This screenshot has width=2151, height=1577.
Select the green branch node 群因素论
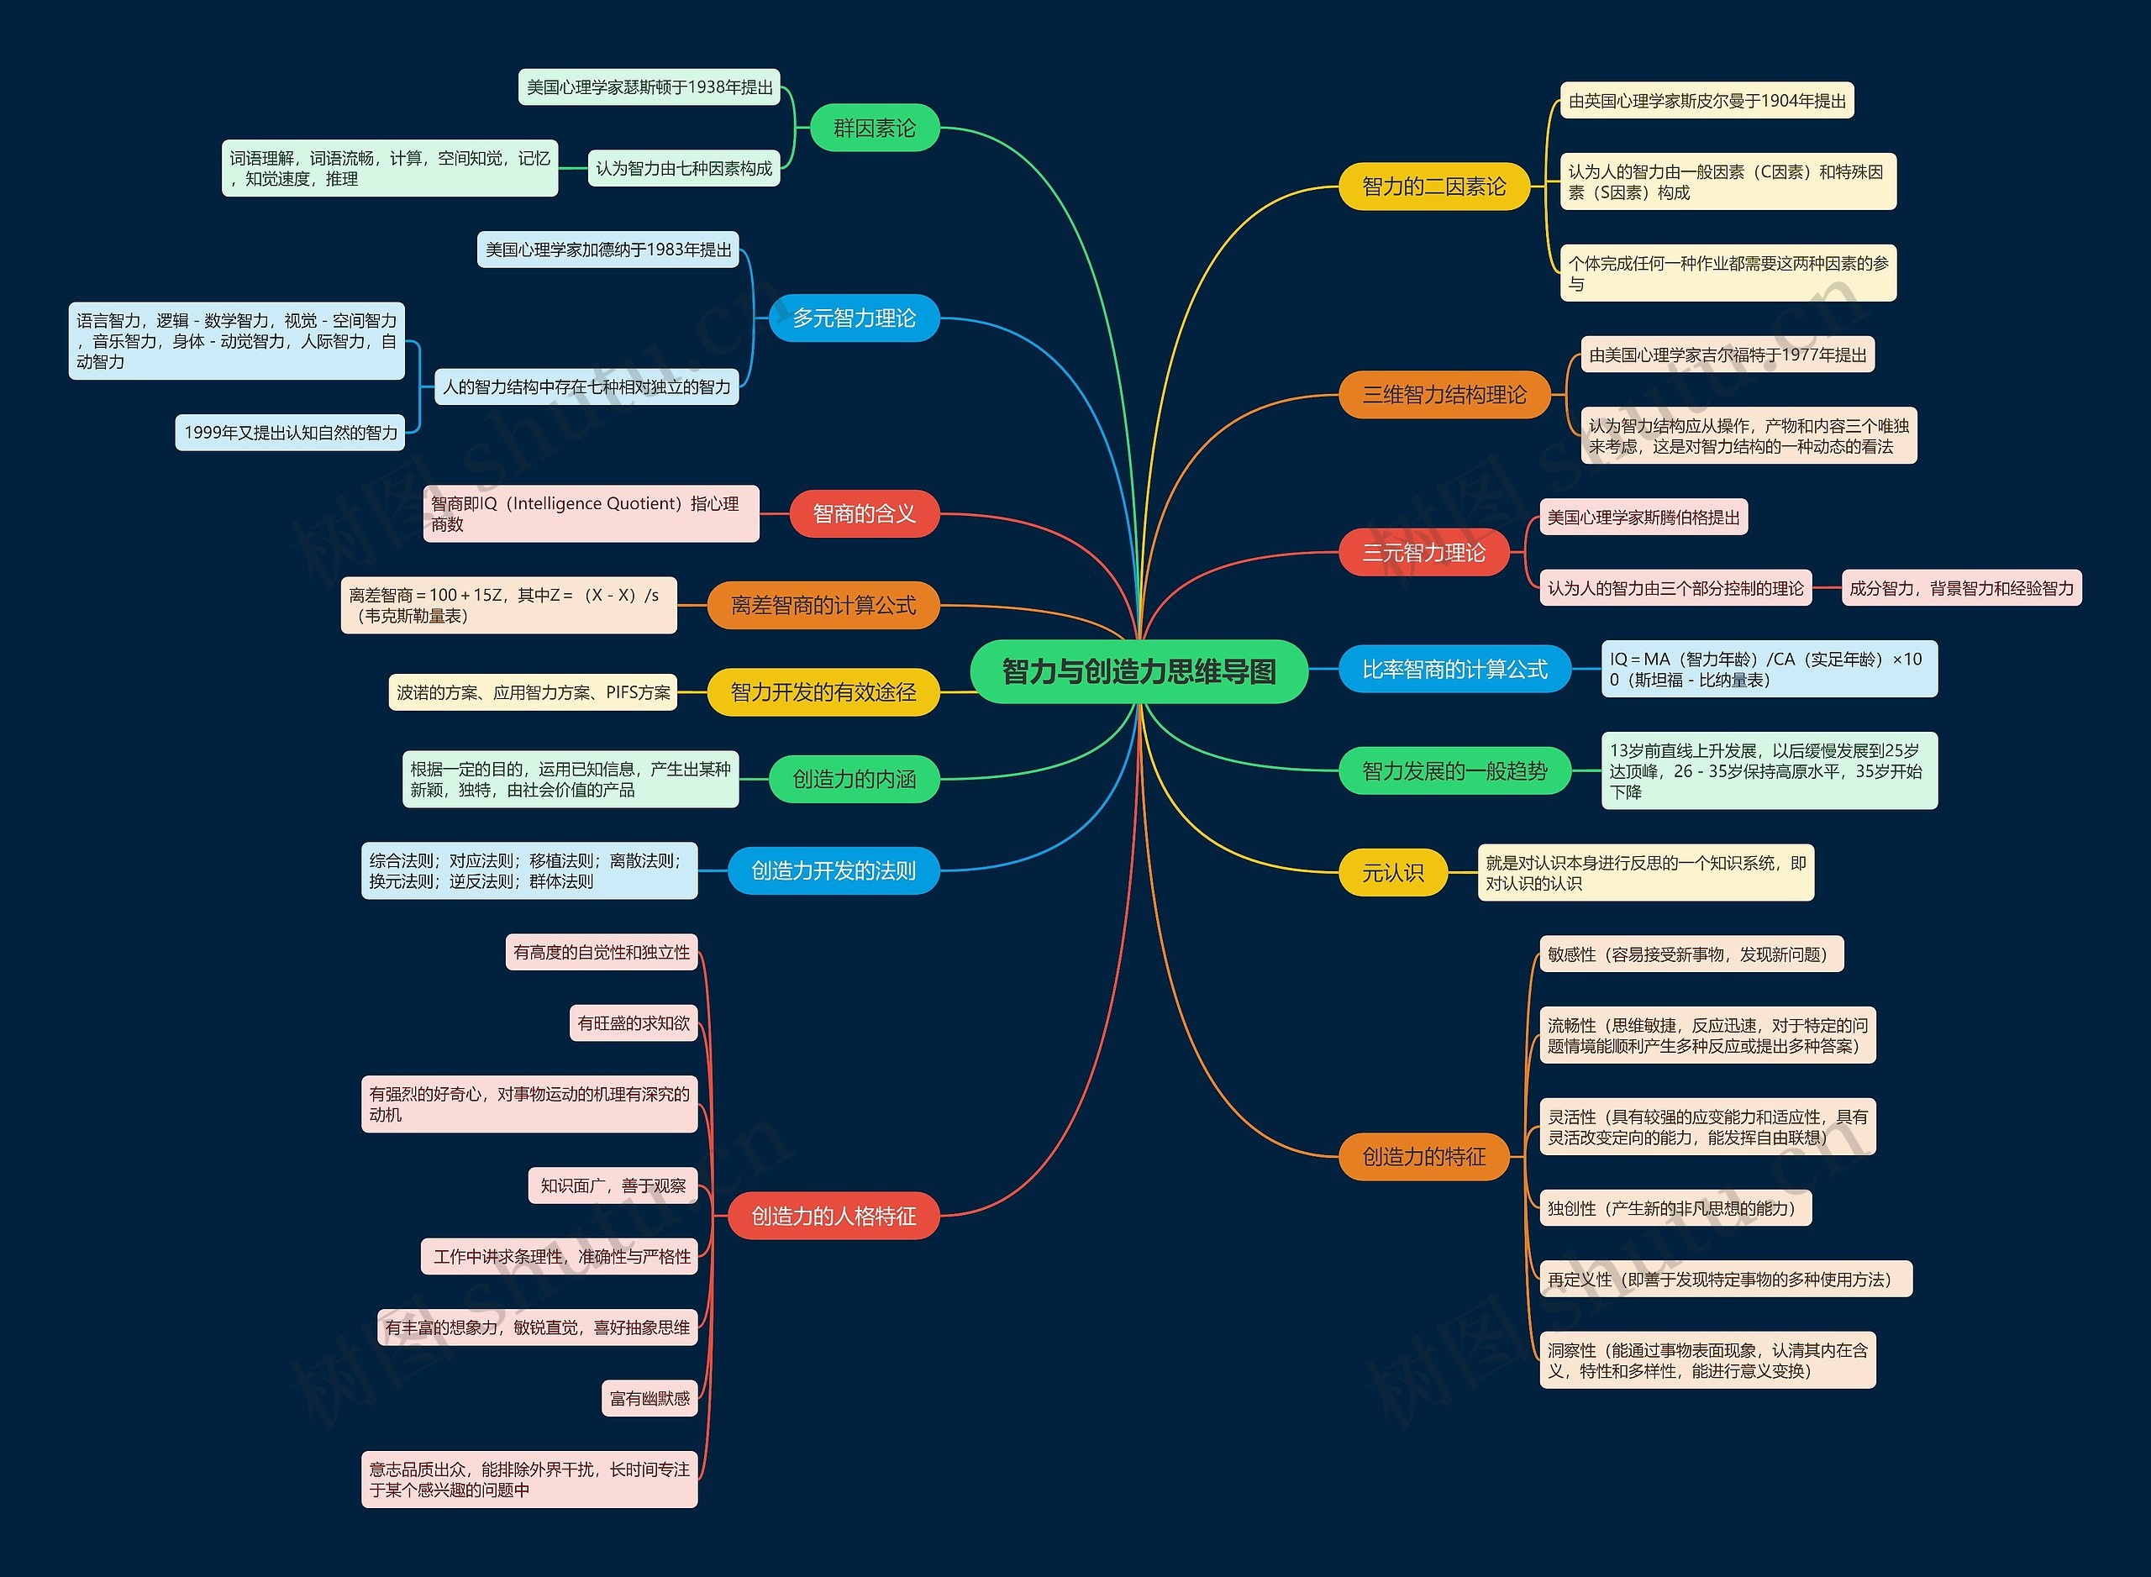point(875,128)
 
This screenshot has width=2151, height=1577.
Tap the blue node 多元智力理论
point(855,318)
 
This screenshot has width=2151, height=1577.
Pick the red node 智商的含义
point(864,513)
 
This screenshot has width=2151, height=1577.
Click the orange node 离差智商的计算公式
point(823,605)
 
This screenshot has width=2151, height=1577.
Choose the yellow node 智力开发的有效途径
point(823,692)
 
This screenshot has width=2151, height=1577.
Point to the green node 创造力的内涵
point(855,779)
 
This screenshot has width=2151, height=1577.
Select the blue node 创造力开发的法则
point(834,870)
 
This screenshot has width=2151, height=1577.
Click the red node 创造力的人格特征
point(834,1217)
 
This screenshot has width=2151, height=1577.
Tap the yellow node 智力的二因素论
point(1434,187)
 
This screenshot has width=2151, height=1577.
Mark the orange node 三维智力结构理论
point(1444,394)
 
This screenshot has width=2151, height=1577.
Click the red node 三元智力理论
point(1423,552)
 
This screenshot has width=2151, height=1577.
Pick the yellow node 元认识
point(1393,872)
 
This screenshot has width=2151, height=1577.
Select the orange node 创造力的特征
point(1423,1157)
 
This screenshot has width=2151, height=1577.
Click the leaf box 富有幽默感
point(650,1399)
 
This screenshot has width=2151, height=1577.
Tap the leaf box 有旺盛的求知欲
point(633,1023)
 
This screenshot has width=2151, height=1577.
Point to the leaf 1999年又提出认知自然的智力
point(290,433)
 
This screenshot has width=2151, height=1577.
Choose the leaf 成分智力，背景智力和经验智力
point(1961,588)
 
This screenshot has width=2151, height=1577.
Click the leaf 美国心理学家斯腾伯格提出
point(1643,518)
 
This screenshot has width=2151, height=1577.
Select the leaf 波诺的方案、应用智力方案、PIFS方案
point(533,692)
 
